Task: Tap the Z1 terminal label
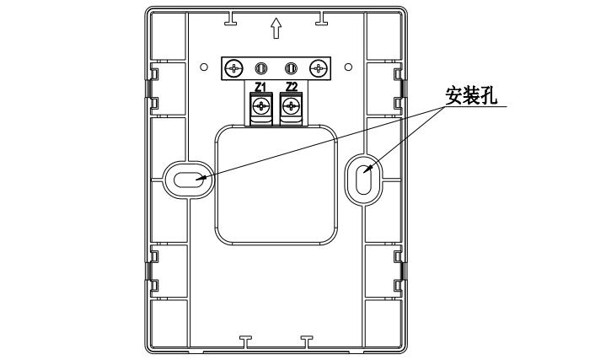point(260,87)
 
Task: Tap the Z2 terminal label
point(291,87)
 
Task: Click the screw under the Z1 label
point(261,106)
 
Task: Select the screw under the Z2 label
point(292,106)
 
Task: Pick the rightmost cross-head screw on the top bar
point(318,67)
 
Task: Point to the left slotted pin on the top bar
point(262,67)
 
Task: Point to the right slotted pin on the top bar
point(291,67)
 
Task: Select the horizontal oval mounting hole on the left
point(187,178)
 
